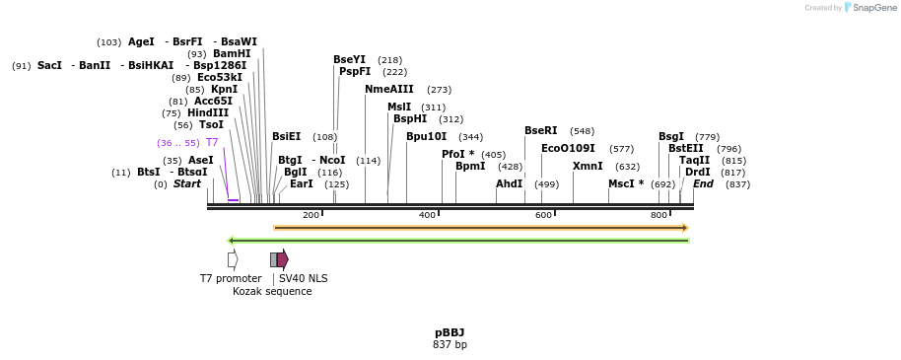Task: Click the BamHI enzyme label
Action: [x=232, y=54]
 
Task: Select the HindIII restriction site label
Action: [x=208, y=113]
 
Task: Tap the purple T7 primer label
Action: [x=212, y=143]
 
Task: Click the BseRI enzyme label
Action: [x=540, y=131]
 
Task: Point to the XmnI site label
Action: [x=588, y=167]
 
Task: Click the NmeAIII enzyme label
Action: [x=389, y=90]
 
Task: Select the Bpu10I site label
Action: [x=426, y=137]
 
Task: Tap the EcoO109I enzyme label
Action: [x=568, y=149]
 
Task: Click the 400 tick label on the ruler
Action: [x=427, y=215]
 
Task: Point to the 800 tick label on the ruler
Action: [x=658, y=215]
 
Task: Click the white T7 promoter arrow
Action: [x=233, y=259]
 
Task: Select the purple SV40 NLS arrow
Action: [x=283, y=259]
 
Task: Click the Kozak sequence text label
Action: [x=272, y=292]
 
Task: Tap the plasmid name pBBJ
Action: [x=450, y=332]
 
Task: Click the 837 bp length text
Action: [x=450, y=344]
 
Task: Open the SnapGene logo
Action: [x=868, y=8]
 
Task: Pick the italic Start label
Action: [x=186, y=184]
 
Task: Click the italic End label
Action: [x=703, y=184]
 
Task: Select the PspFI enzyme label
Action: [x=355, y=72]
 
